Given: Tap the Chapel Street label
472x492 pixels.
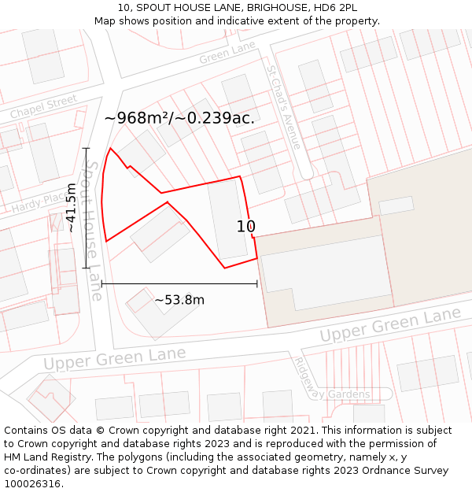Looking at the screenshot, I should click(x=43, y=107).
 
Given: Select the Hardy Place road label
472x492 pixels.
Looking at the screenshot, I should click(x=39, y=203).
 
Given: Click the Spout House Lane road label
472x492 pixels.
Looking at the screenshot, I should click(x=93, y=231).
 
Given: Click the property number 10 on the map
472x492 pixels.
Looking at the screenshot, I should click(x=245, y=227).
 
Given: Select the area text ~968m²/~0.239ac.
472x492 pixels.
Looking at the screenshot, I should click(x=179, y=118).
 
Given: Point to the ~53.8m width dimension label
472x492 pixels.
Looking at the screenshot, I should click(x=179, y=300).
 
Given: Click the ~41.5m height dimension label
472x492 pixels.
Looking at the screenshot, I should click(x=71, y=207).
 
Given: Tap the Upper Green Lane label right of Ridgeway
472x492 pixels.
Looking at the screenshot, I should click(x=390, y=324).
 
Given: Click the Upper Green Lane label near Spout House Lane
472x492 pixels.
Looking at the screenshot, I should click(x=115, y=359).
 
